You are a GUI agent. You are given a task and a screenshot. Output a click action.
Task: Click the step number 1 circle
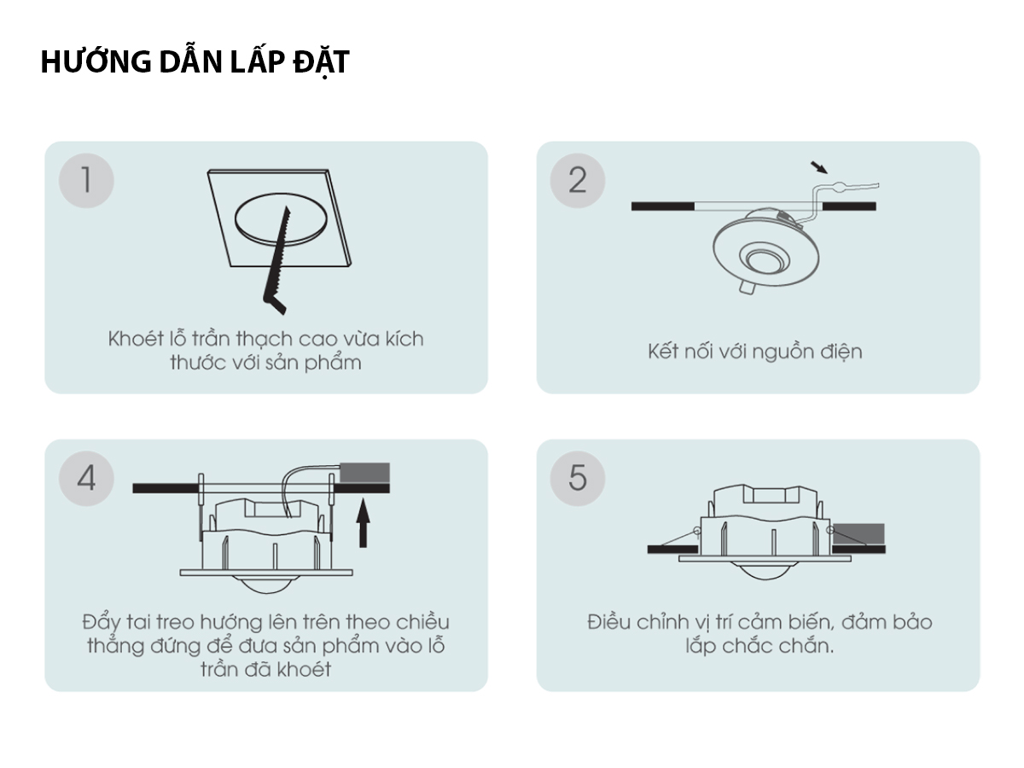pos(86,180)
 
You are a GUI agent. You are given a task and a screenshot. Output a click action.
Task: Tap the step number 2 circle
pos(578,180)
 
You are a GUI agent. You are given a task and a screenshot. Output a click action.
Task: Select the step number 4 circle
pos(86,478)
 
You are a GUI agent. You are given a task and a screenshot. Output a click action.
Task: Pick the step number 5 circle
pos(578,478)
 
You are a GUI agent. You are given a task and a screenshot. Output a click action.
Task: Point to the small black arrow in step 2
pos(818,167)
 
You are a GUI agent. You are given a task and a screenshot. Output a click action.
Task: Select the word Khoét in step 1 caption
pos(136,339)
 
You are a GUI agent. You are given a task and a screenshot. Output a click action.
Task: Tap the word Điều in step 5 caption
pos(608,621)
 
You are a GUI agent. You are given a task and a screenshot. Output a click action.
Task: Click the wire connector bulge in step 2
pos(837,186)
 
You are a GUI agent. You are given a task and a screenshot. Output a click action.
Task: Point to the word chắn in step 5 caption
pos(806,646)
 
